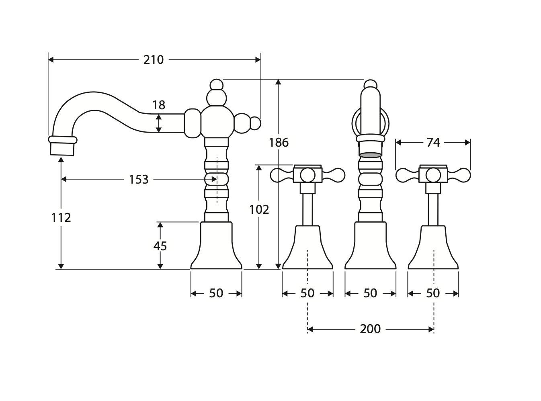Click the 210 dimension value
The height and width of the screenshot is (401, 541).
pos(154,60)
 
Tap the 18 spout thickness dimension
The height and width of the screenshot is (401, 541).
pos(159,105)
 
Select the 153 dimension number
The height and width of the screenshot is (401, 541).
pos(139,179)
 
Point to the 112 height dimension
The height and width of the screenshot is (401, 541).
pos(61,217)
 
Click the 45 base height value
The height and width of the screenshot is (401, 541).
pos(160,246)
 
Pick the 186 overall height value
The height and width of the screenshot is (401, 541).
pos(279,142)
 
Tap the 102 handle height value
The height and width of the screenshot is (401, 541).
pos(259,209)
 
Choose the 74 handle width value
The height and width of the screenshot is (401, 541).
pos(433,142)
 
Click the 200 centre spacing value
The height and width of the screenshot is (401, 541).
pos(370,329)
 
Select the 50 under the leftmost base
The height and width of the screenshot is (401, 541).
pos(216,293)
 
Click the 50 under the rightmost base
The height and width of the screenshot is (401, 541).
pos(433,293)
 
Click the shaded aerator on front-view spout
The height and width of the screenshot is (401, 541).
pos(370,154)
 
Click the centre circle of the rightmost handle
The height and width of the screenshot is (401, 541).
pos(433,175)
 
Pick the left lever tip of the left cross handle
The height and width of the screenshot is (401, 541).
pos(278,175)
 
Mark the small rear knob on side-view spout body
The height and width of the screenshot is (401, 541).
pos(256,123)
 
